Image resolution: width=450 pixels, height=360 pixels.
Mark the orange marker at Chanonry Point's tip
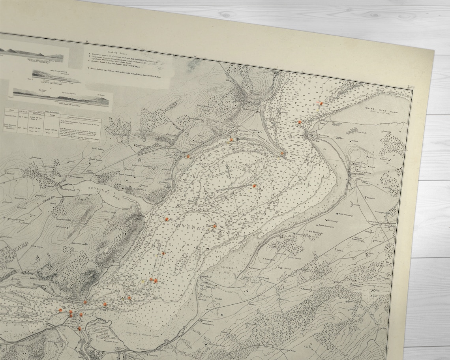pos(282,154)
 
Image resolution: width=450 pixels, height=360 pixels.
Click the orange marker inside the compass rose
pos(254,186)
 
